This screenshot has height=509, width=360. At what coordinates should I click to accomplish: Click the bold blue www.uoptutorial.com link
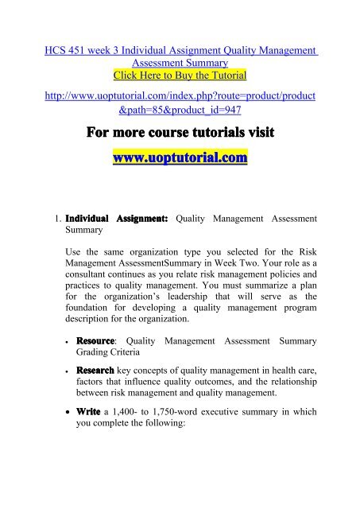coord(180,160)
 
